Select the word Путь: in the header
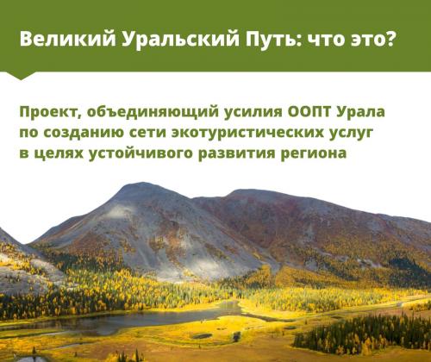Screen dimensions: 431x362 click(274, 40)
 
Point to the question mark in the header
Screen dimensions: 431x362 click(390, 39)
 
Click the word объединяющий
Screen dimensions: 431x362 click(153, 112)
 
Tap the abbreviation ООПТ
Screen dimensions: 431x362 click(308, 111)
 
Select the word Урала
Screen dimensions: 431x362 click(359, 112)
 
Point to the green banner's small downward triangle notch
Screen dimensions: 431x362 click(20, 75)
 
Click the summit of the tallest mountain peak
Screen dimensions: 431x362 click(141, 183)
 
